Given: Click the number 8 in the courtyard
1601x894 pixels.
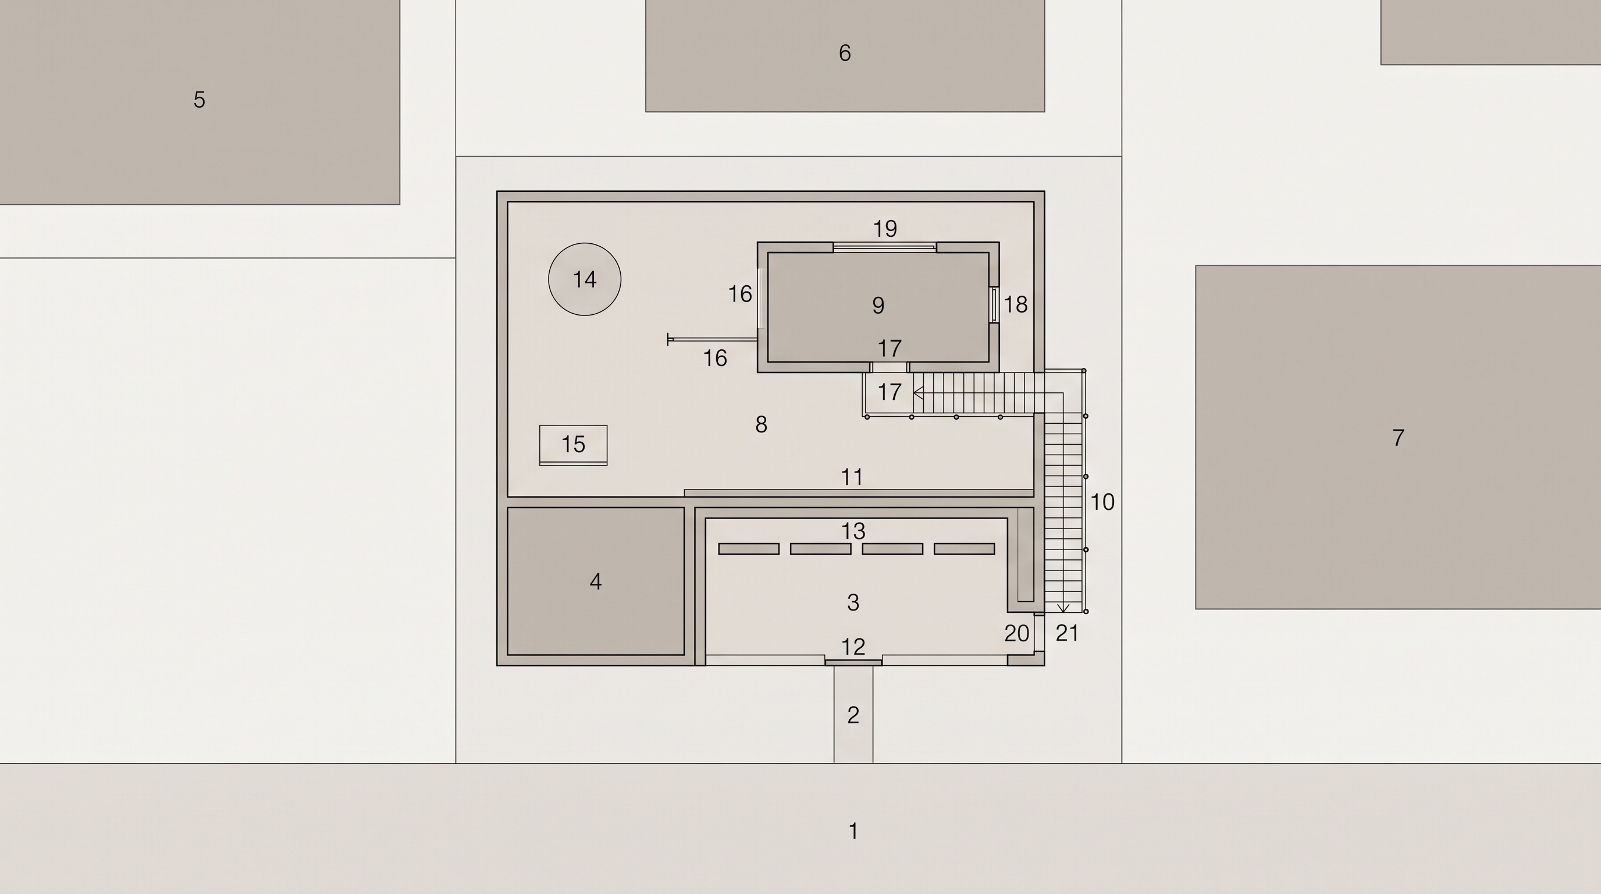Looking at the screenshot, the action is tap(761, 425).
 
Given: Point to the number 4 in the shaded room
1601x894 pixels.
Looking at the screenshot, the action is tap(595, 582).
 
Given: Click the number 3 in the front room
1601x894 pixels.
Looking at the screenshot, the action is tap(853, 602).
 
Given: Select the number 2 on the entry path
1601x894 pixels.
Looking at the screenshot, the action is tap(853, 715).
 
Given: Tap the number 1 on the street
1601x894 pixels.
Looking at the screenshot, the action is tap(853, 831).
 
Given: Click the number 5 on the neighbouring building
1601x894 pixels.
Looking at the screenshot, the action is tap(199, 100).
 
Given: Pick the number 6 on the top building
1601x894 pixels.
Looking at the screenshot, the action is tap(844, 53).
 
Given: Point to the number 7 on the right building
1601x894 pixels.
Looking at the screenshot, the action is tap(1398, 438).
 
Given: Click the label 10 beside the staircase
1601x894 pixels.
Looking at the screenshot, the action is tap(1102, 502).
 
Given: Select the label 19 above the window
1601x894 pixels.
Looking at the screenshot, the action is tap(885, 229).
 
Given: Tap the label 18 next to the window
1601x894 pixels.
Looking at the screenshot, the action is tap(1016, 304).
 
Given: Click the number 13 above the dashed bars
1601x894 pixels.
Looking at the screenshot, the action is tap(853, 531).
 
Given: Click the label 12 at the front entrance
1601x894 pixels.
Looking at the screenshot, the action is tap(853, 647).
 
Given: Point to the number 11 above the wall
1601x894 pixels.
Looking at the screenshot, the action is tap(852, 477).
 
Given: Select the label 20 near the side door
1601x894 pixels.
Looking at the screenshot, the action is tap(1017, 633).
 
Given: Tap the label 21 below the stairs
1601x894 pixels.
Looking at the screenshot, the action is tap(1066, 633).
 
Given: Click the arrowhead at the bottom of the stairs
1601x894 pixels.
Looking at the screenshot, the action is tap(1063, 608).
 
